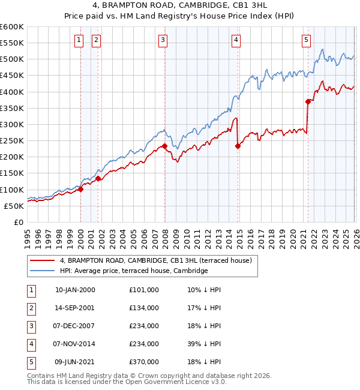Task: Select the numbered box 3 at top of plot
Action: coord(163,40)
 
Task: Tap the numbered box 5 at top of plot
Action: coord(306,40)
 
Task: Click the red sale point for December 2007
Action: coord(164,146)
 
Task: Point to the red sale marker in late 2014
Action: coord(238,146)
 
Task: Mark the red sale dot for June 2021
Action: coord(308,101)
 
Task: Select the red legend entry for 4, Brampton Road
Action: coord(159,260)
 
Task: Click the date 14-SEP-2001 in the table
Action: coord(75,308)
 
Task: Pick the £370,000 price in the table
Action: coord(144,362)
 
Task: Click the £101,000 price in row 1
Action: coord(144,290)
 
